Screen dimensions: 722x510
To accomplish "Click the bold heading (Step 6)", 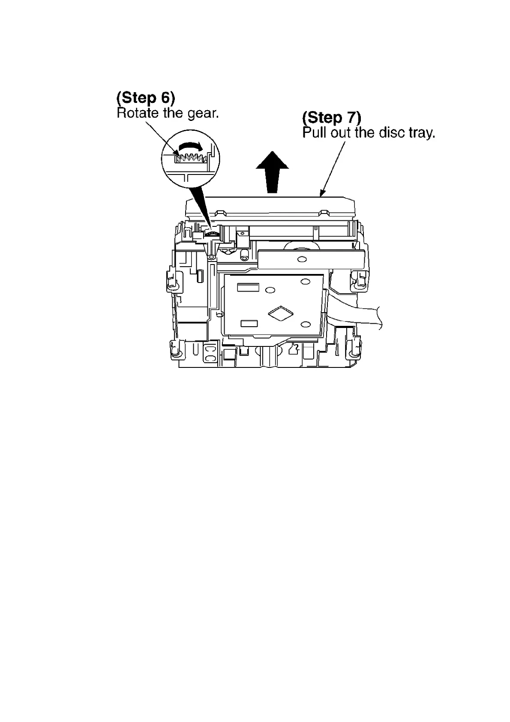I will coord(146,98).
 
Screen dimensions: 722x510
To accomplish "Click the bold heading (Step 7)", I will coord(332,117).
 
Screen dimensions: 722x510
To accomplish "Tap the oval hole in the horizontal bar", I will coord(302,259).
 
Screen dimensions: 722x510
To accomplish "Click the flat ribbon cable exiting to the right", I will coord(356,316).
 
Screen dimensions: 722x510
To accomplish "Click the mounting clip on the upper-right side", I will coord(359,279).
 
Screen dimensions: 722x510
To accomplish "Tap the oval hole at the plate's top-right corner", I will coord(305,282).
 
